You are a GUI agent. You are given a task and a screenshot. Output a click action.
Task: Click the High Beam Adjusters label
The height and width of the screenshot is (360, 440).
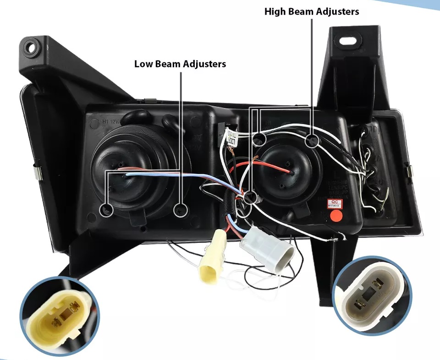(312, 11)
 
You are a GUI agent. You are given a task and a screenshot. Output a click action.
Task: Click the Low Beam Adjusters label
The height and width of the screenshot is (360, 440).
(180, 64)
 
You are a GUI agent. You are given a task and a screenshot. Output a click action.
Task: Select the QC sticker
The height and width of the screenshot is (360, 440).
(334, 203)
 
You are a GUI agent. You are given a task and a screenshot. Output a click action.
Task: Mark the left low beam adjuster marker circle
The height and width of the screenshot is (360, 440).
(106, 210)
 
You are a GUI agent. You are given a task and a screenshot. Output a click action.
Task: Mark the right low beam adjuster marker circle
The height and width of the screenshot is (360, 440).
(181, 210)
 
